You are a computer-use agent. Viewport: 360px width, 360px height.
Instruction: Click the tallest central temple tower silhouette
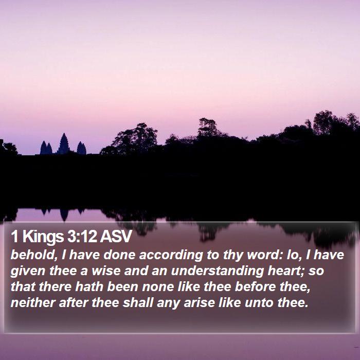pyautogui.click(x=64, y=144)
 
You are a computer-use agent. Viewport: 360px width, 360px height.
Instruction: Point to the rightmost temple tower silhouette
pyautogui.click(x=81, y=148)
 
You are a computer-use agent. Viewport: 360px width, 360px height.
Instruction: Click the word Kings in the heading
pyautogui.click(x=43, y=237)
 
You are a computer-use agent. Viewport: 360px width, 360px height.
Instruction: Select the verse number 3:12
pyautogui.click(x=82, y=237)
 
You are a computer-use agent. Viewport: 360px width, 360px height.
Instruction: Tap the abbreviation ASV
pyautogui.click(x=116, y=237)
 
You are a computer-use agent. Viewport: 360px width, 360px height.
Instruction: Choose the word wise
pyautogui.click(x=106, y=271)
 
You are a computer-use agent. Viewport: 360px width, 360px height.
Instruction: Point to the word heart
pyautogui.click(x=286, y=271)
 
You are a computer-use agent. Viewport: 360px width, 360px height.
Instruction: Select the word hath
pyautogui.click(x=89, y=287)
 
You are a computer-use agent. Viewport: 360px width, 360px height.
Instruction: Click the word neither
pyautogui.click(x=33, y=302)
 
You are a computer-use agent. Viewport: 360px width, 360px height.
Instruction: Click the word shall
pyautogui.click(x=138, y=302)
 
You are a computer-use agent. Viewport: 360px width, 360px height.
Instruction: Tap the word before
pyautogui.click(x=255, y=287)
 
